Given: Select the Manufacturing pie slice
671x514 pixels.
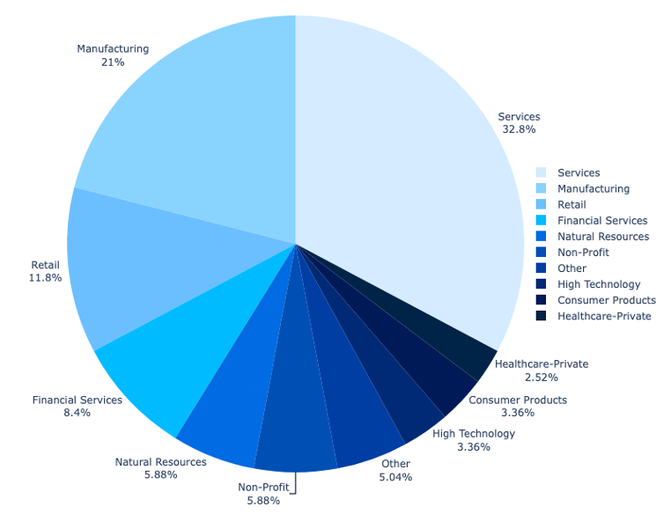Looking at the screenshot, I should (203, 132).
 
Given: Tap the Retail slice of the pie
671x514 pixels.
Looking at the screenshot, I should (150, 264).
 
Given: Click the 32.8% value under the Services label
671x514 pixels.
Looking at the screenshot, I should (519, 129).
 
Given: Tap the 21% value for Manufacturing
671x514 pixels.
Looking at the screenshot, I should (113, 62).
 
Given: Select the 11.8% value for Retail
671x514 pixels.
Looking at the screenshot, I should (46, 278).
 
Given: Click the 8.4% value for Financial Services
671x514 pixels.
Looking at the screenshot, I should (77, 413).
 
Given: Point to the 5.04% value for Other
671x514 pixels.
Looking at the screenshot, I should (395, 477).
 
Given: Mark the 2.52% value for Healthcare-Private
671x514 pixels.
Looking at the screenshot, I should (541, 377).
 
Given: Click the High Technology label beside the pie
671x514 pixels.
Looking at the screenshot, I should (474, 433).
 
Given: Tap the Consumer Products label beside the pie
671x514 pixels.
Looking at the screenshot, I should (518, 400).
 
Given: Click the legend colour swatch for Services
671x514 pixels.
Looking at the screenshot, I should (541, 173).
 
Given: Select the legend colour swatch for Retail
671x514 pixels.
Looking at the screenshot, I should (541, 204).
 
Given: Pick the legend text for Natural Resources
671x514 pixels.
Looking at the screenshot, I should (603, 237).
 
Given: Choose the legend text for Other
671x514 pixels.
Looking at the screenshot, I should (571, 268).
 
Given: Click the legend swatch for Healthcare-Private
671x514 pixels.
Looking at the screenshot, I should (541, 316).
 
